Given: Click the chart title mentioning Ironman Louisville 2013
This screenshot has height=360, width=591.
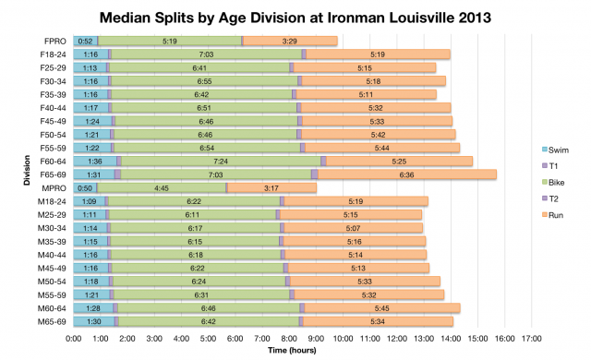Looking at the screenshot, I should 295,16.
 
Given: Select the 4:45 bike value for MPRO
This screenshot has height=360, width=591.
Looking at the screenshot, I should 162,187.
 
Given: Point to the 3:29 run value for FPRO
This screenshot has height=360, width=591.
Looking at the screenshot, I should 289,41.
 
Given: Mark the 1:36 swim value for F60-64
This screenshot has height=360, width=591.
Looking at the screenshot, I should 95,161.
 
